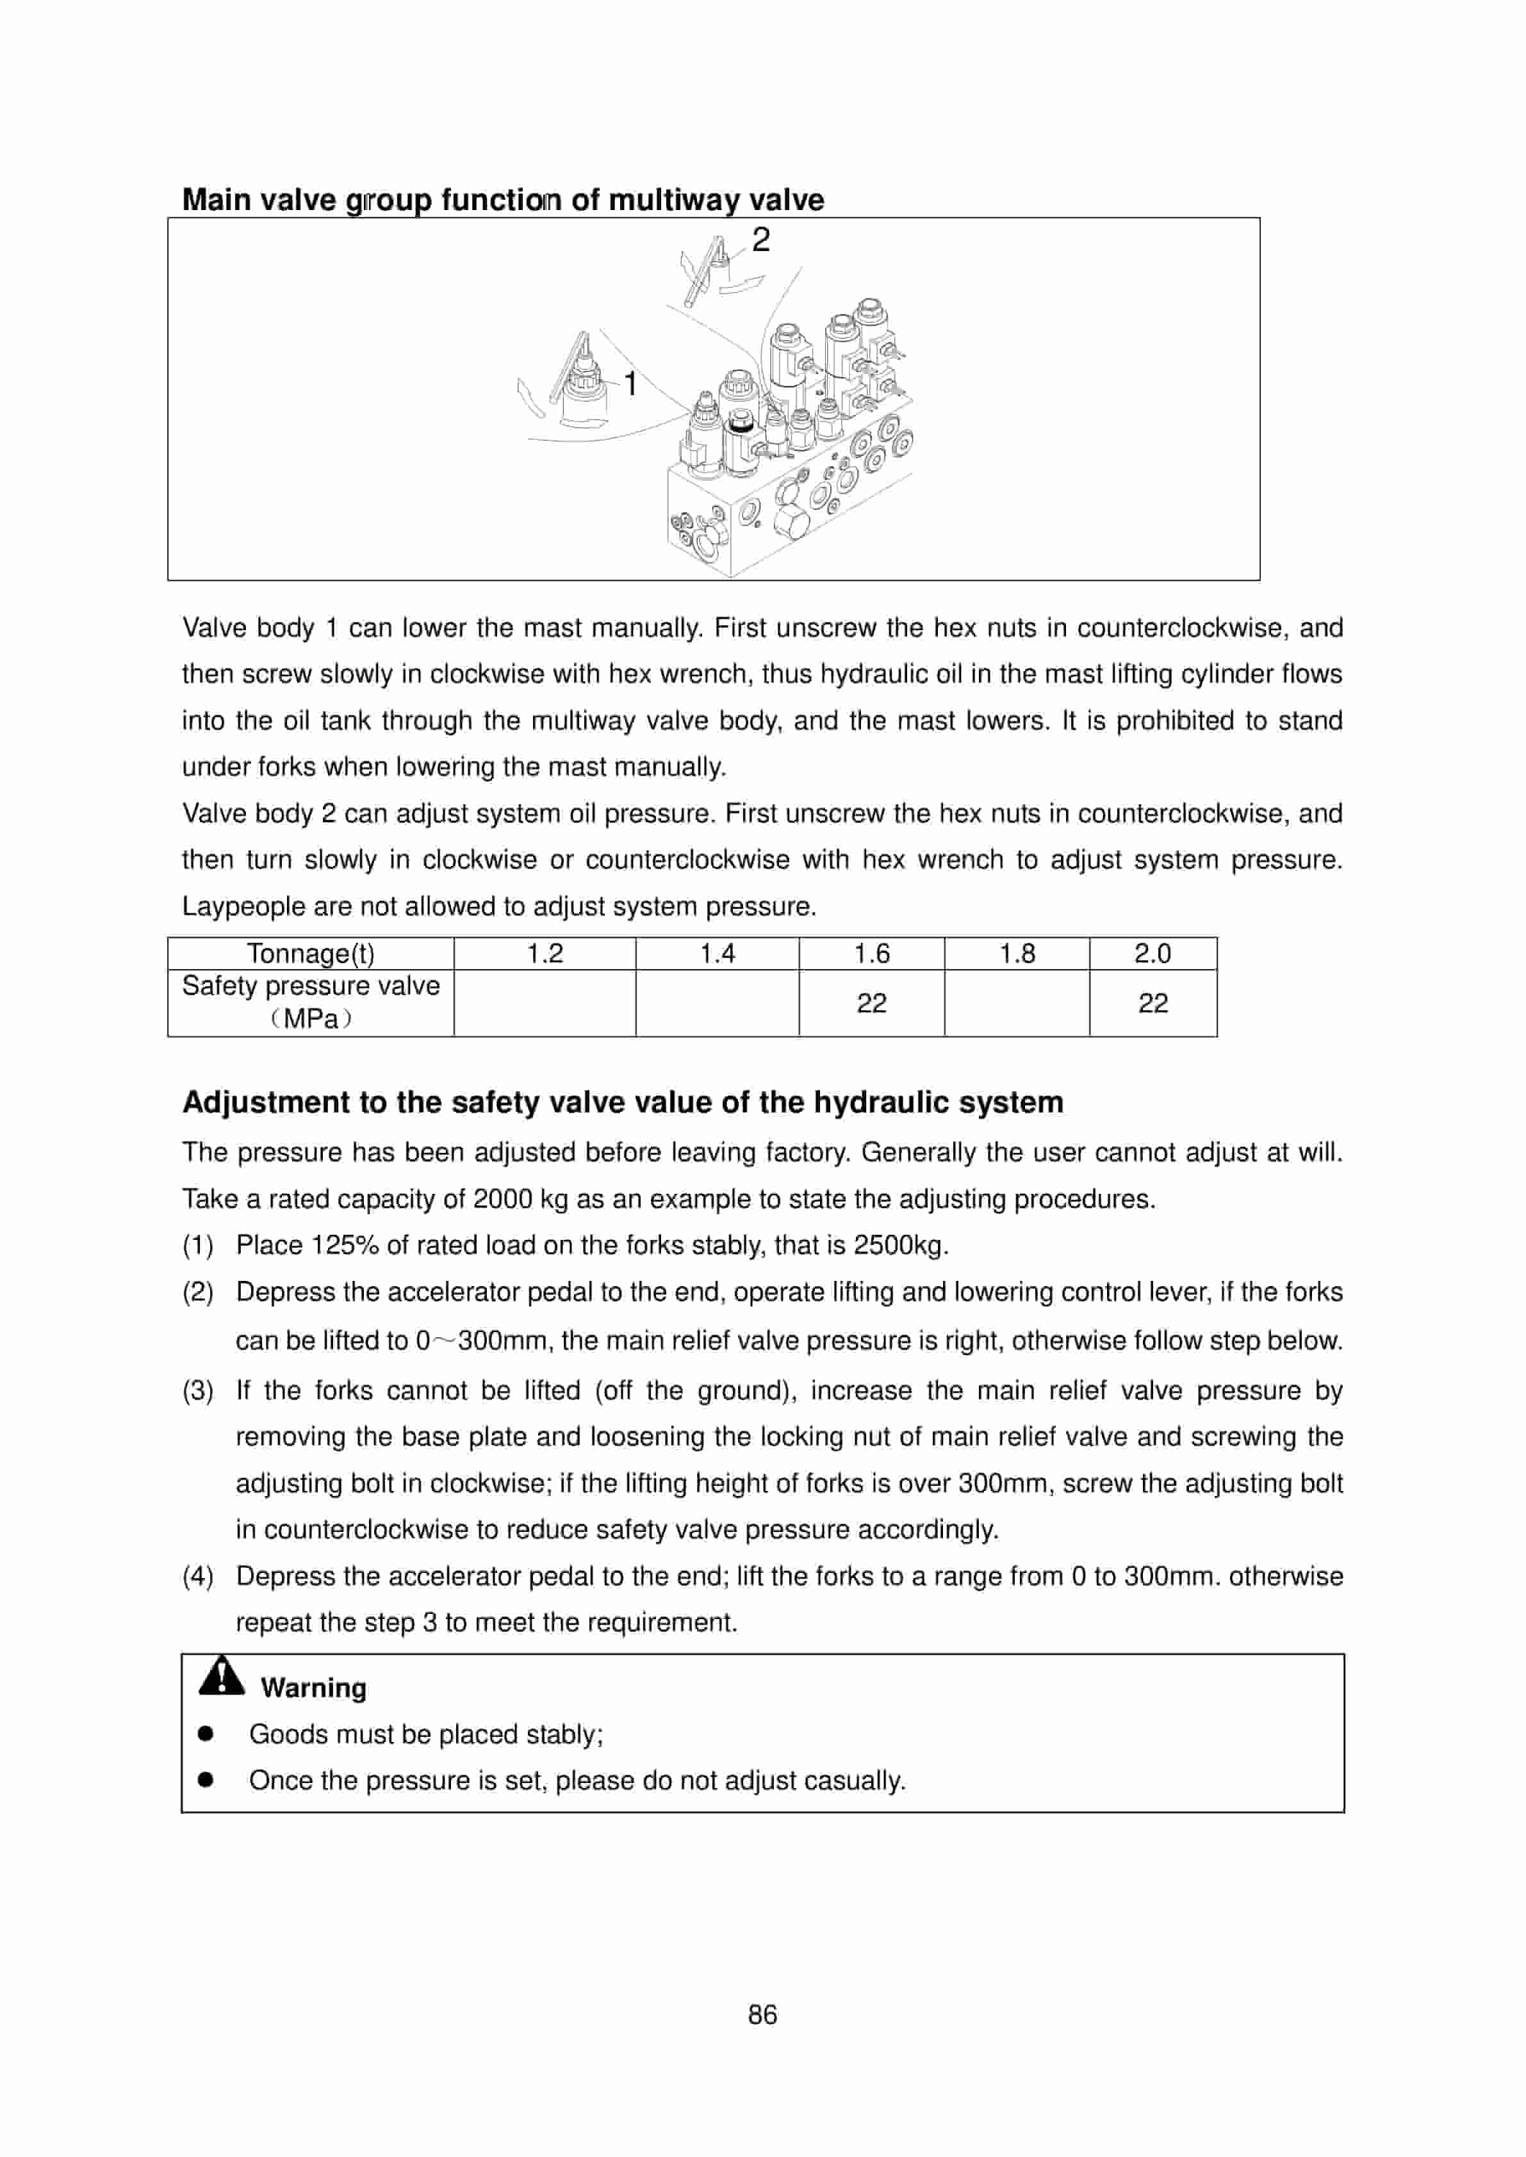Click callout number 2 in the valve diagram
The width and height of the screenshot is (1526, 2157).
760,241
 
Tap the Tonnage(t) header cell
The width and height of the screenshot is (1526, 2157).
310,954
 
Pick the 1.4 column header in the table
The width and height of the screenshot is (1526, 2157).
717,954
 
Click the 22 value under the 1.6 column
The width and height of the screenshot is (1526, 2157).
871,1004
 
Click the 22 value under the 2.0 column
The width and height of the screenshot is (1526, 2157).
1153,1004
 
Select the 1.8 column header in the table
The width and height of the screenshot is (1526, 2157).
1017,954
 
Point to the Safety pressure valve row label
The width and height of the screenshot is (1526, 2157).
310,986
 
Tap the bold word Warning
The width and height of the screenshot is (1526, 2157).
314,1688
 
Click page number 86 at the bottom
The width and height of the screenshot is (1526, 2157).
762,2015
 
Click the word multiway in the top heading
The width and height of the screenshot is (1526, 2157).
674,200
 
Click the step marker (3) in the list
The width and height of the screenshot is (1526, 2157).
197,1390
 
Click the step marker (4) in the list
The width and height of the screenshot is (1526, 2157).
197,1576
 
